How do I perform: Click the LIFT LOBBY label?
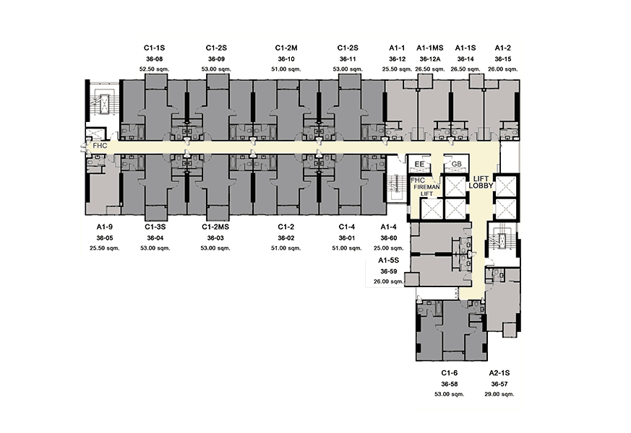(x=481, y=183)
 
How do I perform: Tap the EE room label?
(x=419, y=164)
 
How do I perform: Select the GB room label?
(x=456, y=164)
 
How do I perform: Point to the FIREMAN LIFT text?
(x=427, y=191)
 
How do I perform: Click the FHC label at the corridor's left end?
(x=100, y=145)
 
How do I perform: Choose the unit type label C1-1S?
(x=154, y=48)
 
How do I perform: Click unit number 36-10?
(x=286, y=59)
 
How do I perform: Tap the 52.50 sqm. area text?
(x=154, y=69)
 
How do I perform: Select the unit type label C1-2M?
(x=286, y=48)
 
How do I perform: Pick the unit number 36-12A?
(x=430, y=59)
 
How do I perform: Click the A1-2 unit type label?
(x=502, y=48)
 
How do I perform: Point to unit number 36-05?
(x=105, y=237)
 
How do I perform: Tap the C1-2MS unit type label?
(x=215, y=227)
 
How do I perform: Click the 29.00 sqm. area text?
(x=499, y=395)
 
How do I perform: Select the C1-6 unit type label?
(x=449, y=373)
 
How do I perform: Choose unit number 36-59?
(x=389, y=271)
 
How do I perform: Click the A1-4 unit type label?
(x=389, y=227)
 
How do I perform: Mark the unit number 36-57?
(x=499, y=384)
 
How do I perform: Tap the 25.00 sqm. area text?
(x=389, y=248)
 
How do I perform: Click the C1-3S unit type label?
(x=155, y=227)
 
